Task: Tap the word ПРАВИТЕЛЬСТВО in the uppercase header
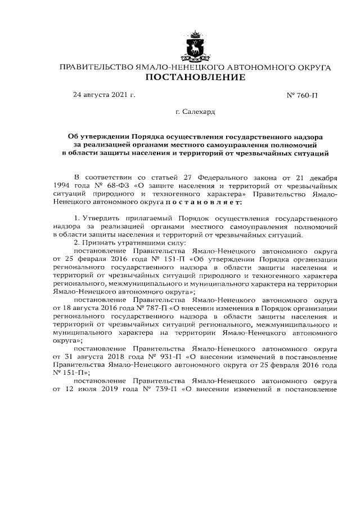point(96,67)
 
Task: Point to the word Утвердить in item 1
point(103,218)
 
